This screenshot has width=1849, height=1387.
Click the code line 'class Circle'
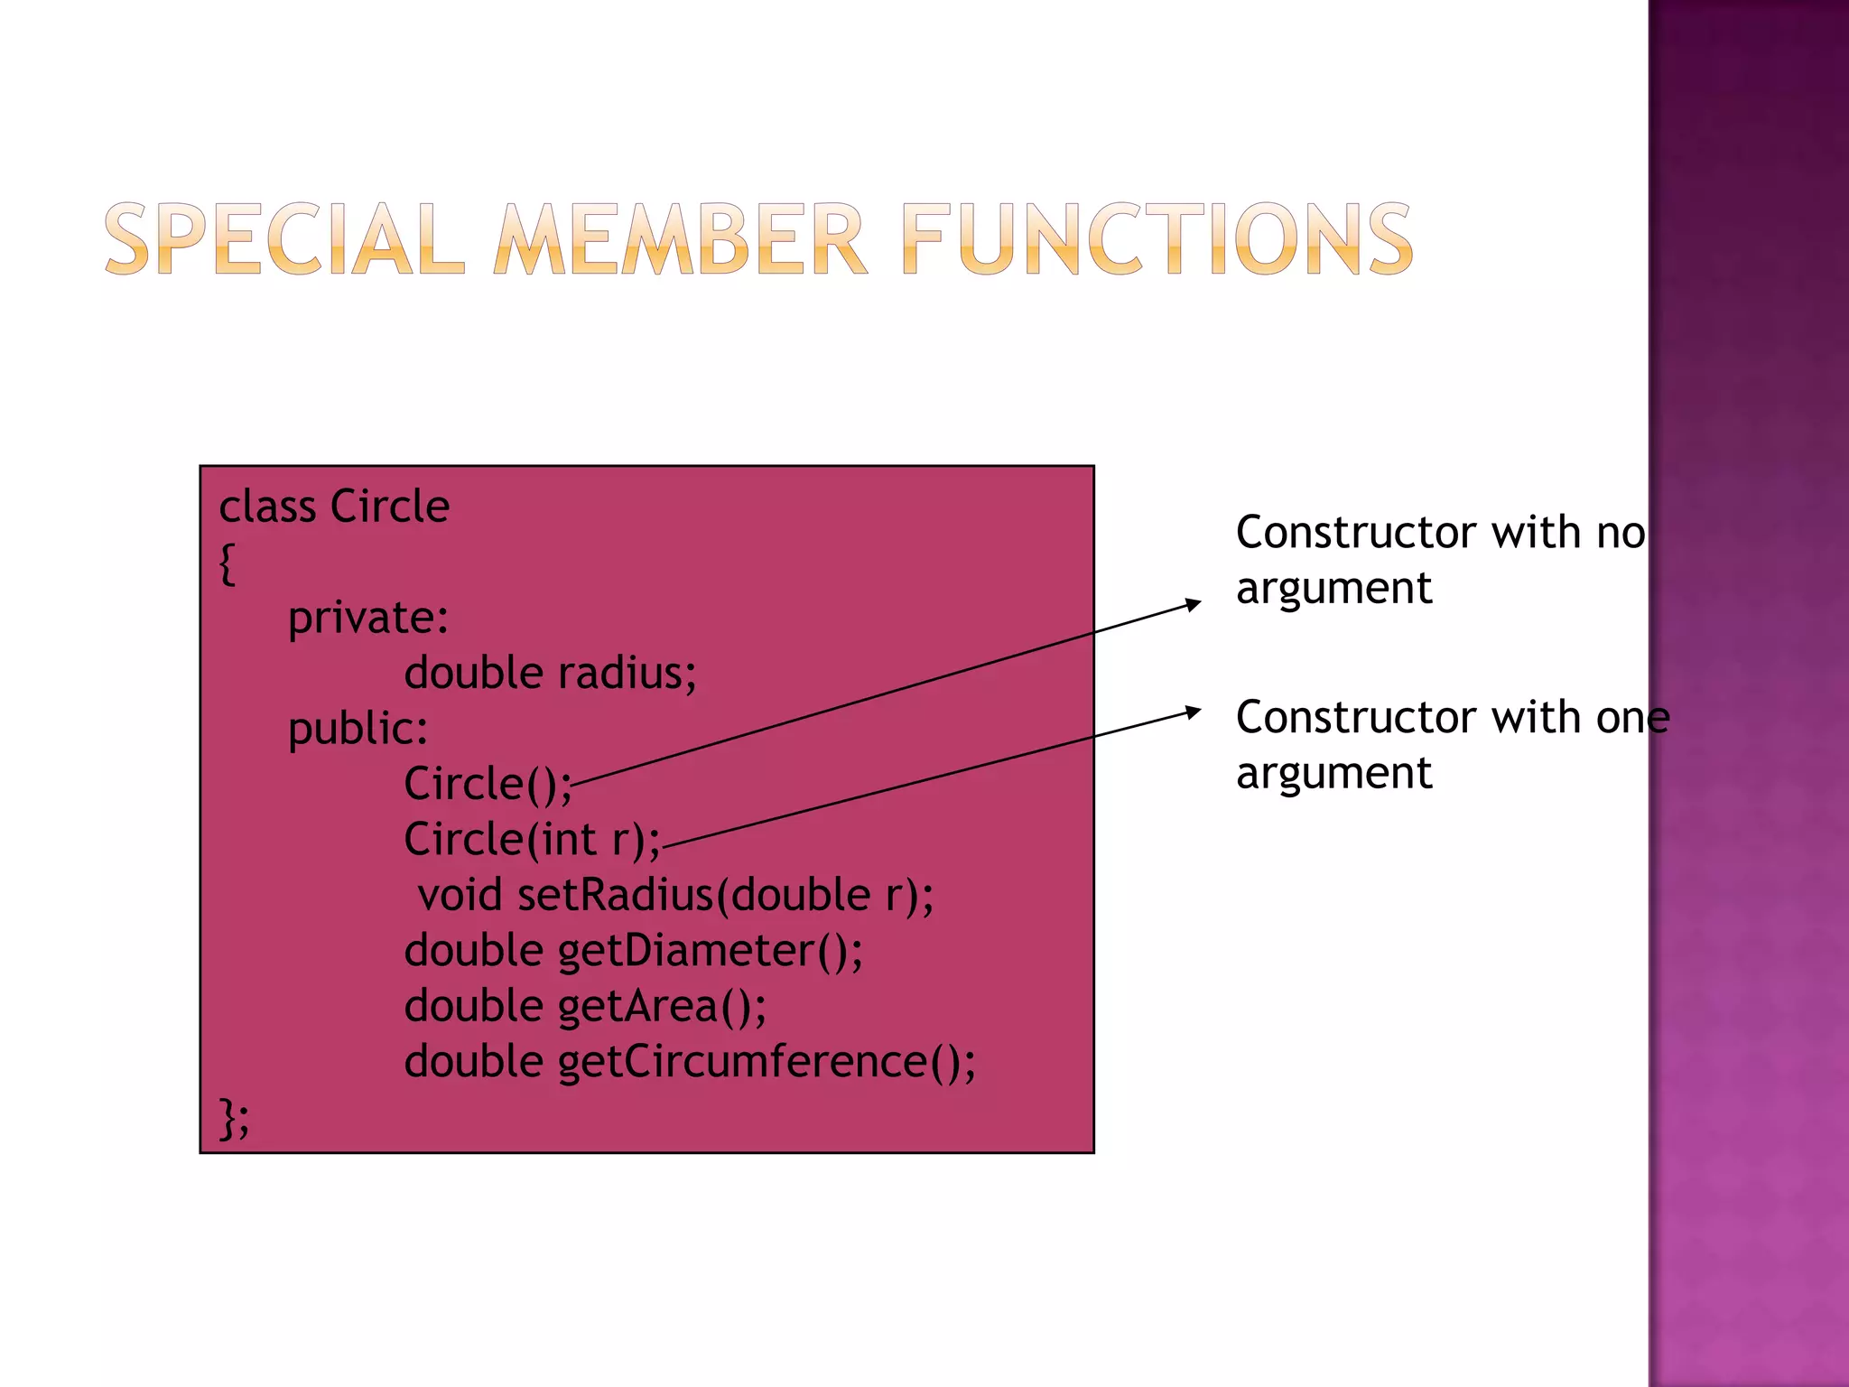coord(334,507)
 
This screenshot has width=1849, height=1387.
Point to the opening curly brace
coord(228,564)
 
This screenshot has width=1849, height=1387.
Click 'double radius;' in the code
coord(550,674)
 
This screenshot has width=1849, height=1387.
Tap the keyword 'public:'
coord(358,729)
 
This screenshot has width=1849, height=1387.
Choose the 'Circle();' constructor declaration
coord(488,784)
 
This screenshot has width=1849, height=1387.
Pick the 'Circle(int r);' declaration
coord(532,840)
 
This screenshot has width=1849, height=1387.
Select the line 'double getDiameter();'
coord(633,951)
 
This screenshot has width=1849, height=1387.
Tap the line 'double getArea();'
coord(585,1006)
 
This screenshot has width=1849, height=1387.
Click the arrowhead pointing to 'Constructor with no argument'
coord(1194,603)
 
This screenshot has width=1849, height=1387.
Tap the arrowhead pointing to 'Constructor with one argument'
coord(1194,712)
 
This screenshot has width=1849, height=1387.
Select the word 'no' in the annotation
coord(1621,533)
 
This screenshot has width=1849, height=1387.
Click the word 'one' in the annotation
coord(1632,718)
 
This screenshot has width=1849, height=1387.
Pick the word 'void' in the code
coord(460,895)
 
